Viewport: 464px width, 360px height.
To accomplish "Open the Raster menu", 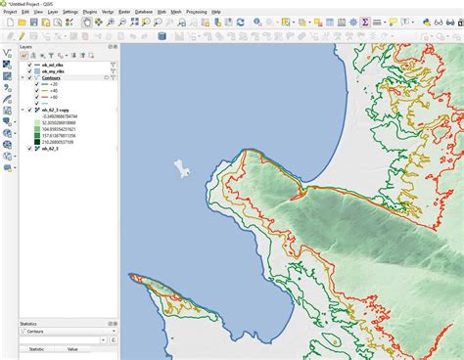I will [125, 11].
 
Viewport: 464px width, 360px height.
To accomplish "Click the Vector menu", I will [108, 11].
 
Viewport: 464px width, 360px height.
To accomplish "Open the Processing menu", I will [196, 11].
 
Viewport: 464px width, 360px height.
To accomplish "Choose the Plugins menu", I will [90, 11].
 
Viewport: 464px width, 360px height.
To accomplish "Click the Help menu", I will [215, 11].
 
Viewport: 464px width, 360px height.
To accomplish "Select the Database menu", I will [144, 11].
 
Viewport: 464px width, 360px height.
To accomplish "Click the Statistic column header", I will [36, 348].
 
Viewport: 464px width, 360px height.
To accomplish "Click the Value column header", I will [71, 348].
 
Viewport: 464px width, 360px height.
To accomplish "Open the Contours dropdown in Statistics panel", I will [64, 333].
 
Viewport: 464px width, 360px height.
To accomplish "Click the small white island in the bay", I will [182, 168].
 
